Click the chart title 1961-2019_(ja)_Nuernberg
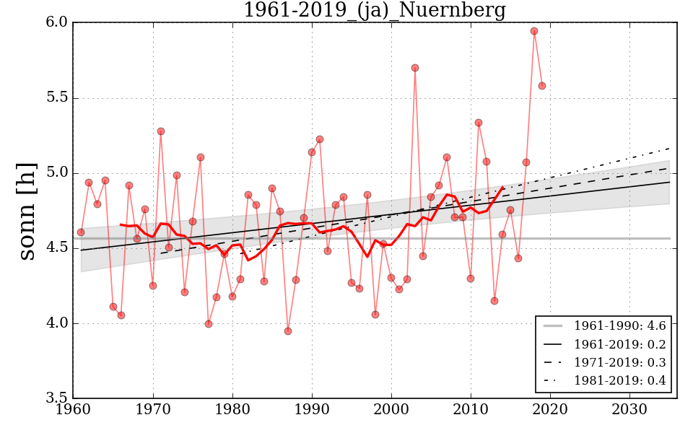tap(374, 11)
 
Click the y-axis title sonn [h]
tap(27, 210)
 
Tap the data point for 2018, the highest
tap(534, 31)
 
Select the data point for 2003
tap(415, 68)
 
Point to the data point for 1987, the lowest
tap(288, 331)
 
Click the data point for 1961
tap(81, 232)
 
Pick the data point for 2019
tap(542, 86)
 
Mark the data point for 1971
tap(161, 131)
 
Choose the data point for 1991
tap(320, 139)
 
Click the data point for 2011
tap(479, 123)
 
